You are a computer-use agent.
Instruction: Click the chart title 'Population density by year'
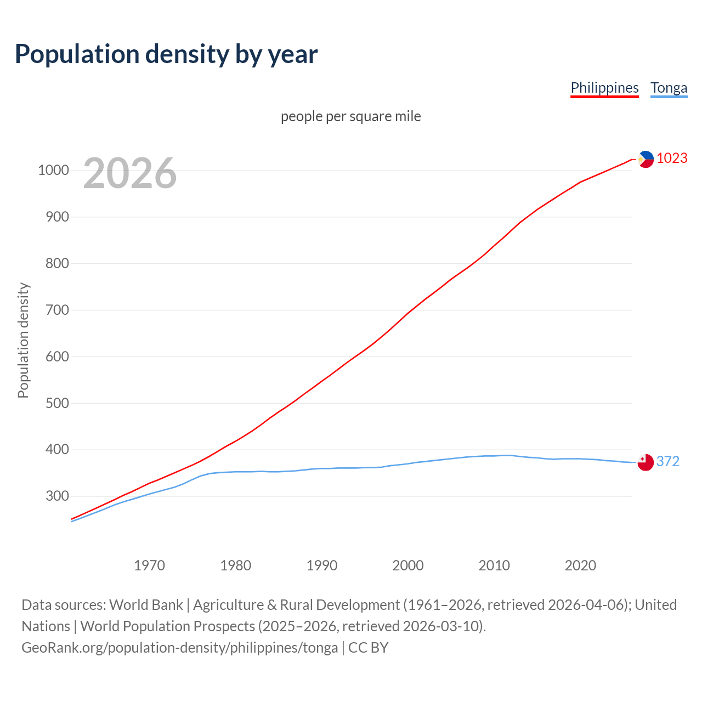point(166,54)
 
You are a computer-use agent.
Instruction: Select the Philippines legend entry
point(604,88)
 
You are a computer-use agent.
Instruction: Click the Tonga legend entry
point(669,88)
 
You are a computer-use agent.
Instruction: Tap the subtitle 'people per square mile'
point(351,116)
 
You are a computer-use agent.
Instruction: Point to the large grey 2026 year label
point(130,173)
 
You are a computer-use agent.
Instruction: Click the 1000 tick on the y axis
point(54,170)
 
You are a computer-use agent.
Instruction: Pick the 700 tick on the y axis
point(58,310)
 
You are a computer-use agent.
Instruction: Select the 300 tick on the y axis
point(58,496)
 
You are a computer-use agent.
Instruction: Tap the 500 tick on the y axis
point(58,403)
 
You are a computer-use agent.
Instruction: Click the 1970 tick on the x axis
point(149,565)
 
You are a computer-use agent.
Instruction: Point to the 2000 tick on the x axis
point(408,565)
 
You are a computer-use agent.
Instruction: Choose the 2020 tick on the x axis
point(580,565)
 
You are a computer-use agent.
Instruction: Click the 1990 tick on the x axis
point(322,565)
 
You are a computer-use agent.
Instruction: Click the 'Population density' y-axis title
point(23,340)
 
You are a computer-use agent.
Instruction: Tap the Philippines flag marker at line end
point(646,159)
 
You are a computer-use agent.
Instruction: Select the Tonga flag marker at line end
point(646,462)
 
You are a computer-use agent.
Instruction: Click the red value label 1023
point(672,158)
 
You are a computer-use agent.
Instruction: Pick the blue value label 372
point(668,461)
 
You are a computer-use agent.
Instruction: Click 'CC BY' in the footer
point(368,648)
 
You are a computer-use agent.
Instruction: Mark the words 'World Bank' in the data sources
point(146,605)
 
